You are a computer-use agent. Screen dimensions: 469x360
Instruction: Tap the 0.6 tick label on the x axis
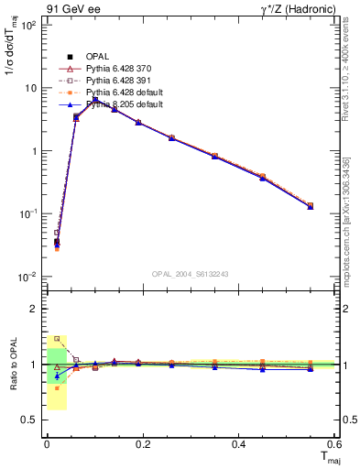click(334, 444)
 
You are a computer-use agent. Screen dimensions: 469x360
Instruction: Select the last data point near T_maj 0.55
click(310, 206)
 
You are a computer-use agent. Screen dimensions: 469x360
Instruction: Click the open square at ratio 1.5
click(57, 338)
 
